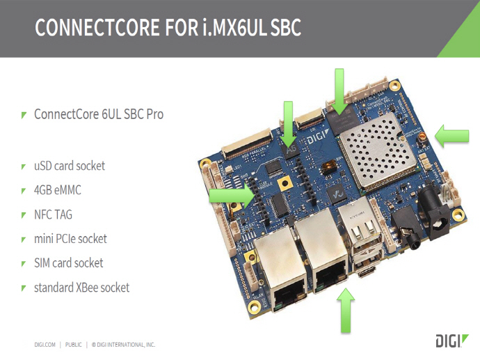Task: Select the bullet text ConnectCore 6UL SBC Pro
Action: tap(99, 114)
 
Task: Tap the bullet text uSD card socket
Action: tap(70, 166)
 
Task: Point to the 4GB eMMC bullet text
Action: tap(62, 190)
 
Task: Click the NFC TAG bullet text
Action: tap(53, 214)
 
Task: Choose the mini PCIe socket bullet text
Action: tap(70, 239)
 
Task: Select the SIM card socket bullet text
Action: tap(68, 263)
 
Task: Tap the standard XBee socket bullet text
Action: tap(81, 288)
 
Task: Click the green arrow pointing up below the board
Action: tap(346, 311)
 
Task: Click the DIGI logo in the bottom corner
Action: tap(449, 341)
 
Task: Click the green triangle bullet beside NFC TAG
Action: tap(24, 215)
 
